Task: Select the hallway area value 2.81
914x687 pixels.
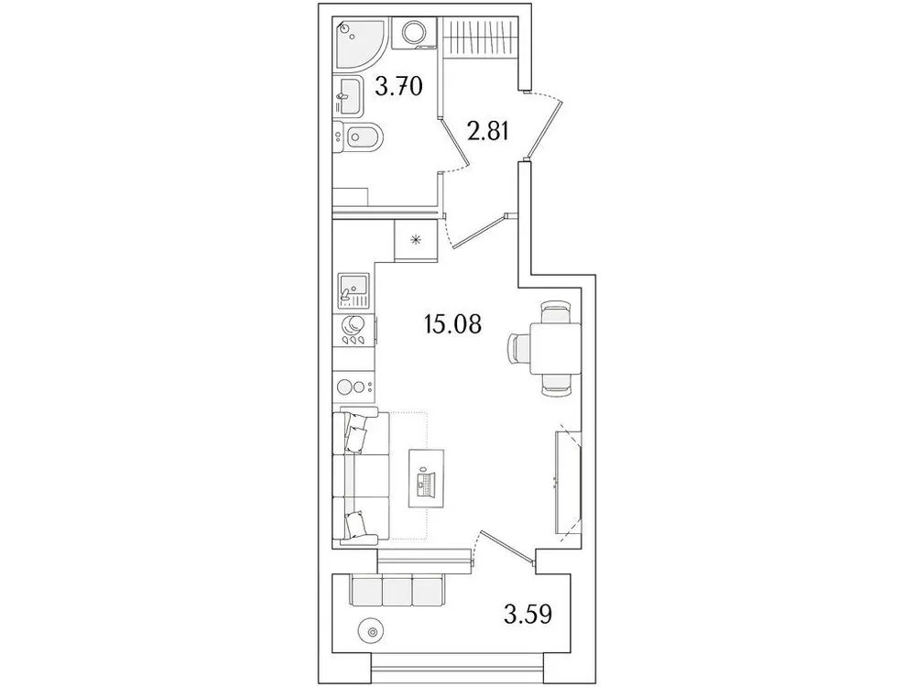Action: (x=488, y=134)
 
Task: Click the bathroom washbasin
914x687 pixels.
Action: (x=345, y=92)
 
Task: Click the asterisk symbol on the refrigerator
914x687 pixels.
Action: (x=416, y=242)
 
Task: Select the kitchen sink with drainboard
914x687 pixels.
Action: (x=353, y=290)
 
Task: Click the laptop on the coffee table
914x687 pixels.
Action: (x=426, y=481)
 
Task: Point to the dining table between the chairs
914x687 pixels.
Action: (x=555, y=349)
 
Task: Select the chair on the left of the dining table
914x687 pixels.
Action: (x=520, y=349)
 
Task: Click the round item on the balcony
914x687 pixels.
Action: (x=371, y=631)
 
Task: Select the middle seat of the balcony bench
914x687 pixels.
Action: (x=397, y=590)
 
